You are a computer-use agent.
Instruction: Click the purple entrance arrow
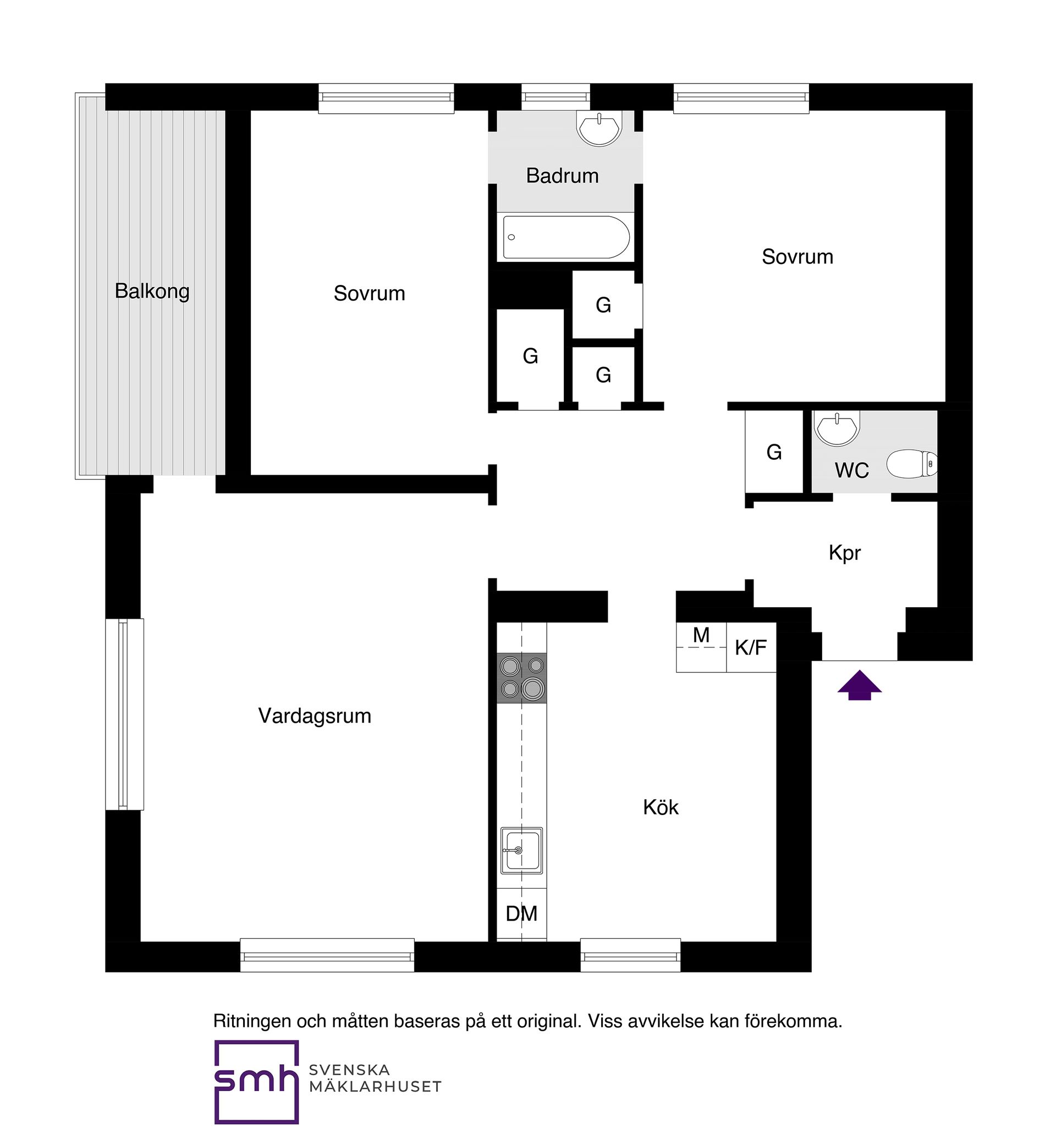860,685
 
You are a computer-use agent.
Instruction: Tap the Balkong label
152,291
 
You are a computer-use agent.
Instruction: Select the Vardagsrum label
315,716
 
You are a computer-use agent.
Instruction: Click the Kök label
661,807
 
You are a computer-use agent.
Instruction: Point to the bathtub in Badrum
566,237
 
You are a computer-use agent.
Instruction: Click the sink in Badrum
599,129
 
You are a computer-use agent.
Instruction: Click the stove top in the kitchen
522,678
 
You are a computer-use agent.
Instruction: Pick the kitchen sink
522,850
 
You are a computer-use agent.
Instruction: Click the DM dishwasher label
522,914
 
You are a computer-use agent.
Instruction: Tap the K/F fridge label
751,647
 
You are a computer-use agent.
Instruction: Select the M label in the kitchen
701,635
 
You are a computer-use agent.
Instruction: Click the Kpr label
845,553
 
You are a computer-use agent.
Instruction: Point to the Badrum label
562,175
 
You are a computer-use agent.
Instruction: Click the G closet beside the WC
774,452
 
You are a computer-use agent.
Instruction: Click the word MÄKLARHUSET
376,1086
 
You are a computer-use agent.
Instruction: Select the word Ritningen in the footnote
251,1021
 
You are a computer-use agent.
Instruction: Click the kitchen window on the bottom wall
630,955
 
